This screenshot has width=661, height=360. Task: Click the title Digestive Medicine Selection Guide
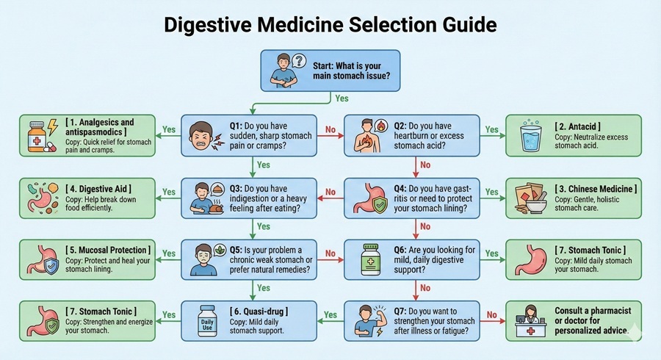click(x=330, y=24)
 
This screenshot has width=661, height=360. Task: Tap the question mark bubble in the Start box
click(x=298, y=61)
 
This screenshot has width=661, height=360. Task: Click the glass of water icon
click(x=528, y=135)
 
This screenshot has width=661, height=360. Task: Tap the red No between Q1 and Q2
click(x=330, y=129)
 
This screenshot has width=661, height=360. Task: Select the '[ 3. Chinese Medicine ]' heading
click(x=596, y=190)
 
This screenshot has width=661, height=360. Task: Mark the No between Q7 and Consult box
click(x=491, y=314)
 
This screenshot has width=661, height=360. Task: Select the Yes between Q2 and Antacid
click(x=491, y=129)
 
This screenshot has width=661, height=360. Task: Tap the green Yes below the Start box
click(x=342, y=98)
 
